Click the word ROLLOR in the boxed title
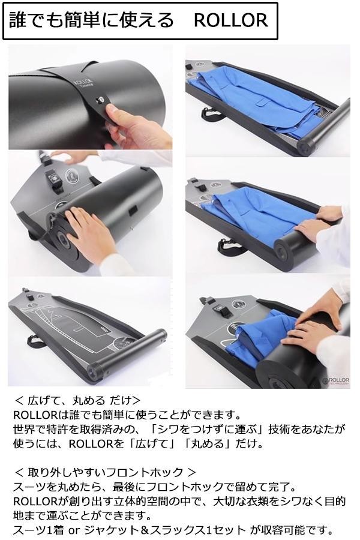point(231,20)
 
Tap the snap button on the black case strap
point(100,100)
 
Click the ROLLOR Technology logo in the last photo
point(336,380)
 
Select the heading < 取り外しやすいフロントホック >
point(105,472)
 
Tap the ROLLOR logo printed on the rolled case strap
point(83,83)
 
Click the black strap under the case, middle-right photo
point(227,246)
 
